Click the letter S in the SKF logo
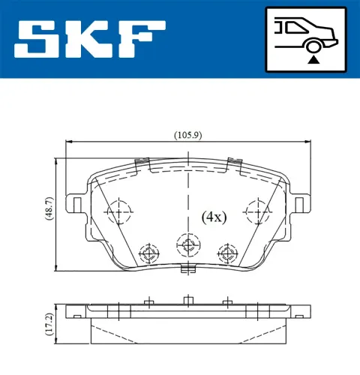tap(35, 37)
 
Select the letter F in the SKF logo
tap(141, 37)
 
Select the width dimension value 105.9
tap(186, 136)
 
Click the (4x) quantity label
tap(214, 217)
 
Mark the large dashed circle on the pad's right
tap(256, 214)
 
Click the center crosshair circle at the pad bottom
tap(187, 244)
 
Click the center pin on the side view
tap(187, 301)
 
